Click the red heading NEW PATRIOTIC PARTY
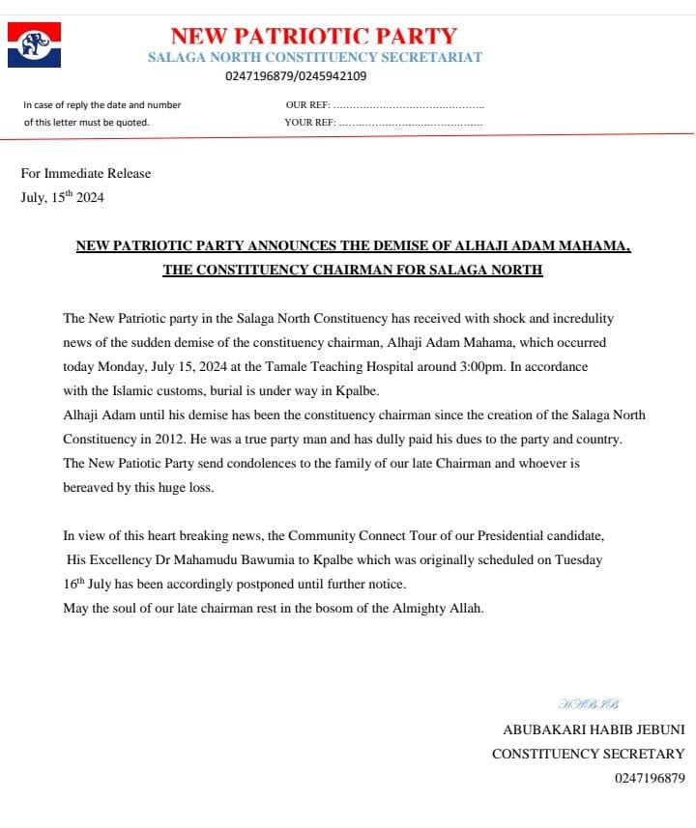coord(313,36)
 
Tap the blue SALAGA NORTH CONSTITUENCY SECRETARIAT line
coord(314,57)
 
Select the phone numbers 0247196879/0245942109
coord(296,76)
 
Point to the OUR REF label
coord(308,104)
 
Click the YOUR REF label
coord(309,123)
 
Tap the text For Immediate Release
coord(86,174)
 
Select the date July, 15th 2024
coord(62,197)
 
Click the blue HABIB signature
coord(589,703)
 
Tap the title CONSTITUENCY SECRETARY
coord(588,754)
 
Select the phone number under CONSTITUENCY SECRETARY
coord(649,778)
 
